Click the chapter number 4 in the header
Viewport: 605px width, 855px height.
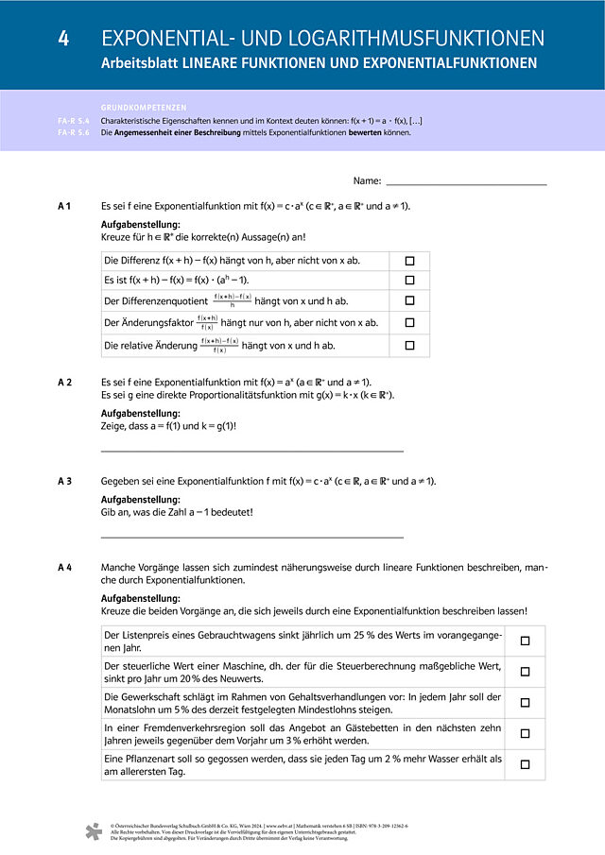coord(62,38)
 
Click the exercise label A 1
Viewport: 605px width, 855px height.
coord(65,206)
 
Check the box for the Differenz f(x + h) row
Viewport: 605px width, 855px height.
coord(409,261)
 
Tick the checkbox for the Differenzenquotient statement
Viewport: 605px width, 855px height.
coord(409,301)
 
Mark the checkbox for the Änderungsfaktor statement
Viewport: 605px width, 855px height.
coord(409,323)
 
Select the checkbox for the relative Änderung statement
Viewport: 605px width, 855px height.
coord(409,346)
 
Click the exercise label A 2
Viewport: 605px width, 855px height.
coord(65,382)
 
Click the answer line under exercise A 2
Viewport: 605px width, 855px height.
coord(251,452)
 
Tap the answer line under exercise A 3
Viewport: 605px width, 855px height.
coord(251,537)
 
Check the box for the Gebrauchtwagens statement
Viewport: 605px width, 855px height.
coord(525,641)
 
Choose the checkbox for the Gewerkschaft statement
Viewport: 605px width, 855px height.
coord(525,702)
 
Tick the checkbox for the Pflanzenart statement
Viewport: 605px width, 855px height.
coord(525,764)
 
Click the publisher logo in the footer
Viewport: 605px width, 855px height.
coord(93,831)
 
